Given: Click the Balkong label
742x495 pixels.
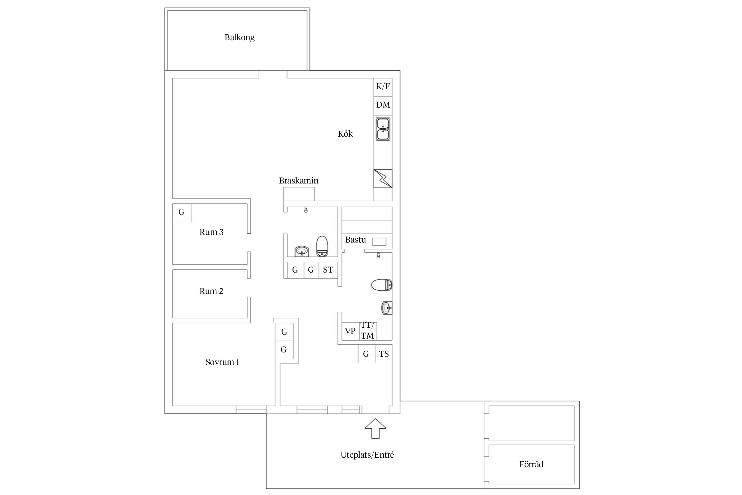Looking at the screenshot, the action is [239, 38].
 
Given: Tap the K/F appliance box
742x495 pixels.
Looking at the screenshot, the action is [383, 87].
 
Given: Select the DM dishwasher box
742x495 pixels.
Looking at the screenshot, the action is [383, 106].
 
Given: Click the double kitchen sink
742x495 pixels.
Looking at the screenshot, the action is [383, 129].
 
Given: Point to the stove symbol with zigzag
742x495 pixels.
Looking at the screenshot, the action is [383, 179].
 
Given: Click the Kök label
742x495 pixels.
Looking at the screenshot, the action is [345, 134].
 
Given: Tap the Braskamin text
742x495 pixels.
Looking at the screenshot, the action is [299, 181].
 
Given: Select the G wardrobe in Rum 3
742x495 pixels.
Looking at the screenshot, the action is [182, 213].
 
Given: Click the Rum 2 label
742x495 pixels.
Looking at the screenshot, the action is [211, 291].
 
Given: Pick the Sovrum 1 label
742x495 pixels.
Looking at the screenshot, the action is [223, 362].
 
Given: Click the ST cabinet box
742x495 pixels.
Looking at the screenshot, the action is [328, 270].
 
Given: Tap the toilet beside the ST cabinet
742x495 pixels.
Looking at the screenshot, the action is [322, 246].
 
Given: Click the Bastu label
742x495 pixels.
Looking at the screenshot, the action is [356, 240].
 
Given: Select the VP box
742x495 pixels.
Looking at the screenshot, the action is [350, 331].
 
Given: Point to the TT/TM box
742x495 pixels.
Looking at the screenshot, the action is [368, 331].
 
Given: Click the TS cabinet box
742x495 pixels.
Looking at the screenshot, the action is [384, 354].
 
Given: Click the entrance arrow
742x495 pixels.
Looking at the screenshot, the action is [375, 429].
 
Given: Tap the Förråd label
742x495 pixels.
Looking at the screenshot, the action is [531, 464].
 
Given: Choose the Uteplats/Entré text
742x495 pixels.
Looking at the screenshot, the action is [367, 455].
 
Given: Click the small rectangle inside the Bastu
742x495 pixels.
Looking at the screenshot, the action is [379, 242].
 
